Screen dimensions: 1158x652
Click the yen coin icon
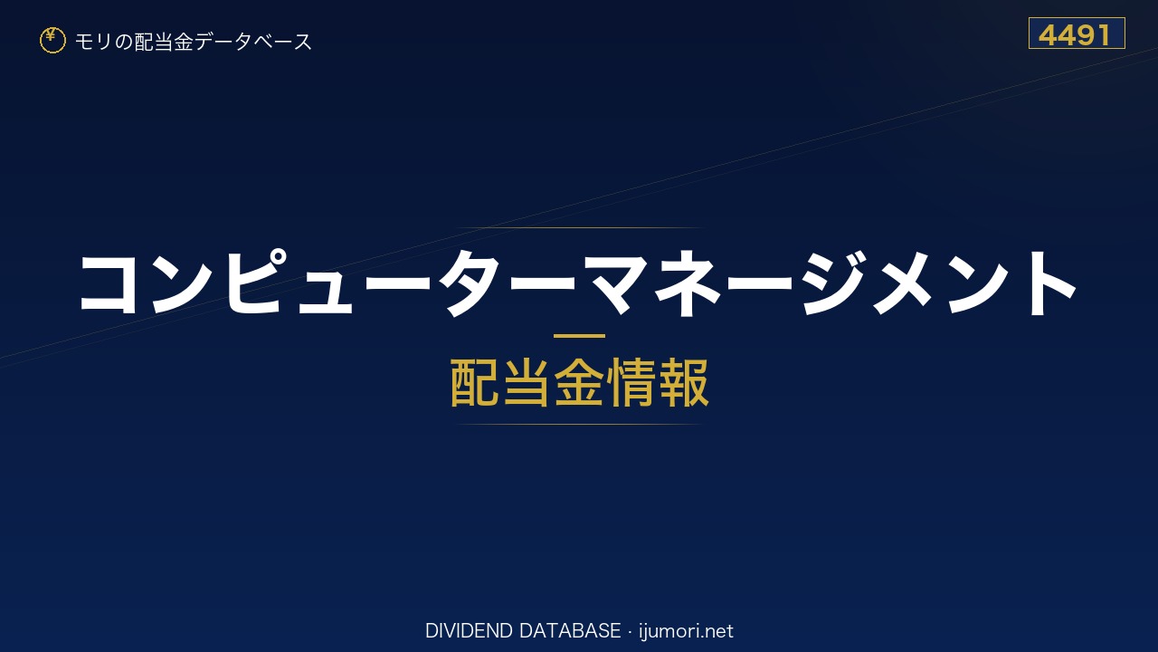pos(52,41)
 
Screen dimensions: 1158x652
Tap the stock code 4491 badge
pos(1077,34)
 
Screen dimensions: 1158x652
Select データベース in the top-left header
pos(254,42)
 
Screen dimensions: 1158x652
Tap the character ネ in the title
pos(687,283)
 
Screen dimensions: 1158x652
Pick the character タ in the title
pos(470,283)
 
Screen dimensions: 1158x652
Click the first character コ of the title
pos(109,283)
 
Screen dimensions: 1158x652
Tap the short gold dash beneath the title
pos(579,336)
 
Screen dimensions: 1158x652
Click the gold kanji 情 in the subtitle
pos(631,382)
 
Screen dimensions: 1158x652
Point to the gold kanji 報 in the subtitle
pos(683,382)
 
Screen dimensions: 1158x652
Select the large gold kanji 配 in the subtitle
pos(475,382)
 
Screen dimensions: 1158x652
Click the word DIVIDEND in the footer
pos(470,631)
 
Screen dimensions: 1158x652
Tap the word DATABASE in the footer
pos(570,631)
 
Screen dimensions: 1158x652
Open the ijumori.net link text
pos(686,631)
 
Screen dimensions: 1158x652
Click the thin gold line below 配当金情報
pos(579,425)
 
